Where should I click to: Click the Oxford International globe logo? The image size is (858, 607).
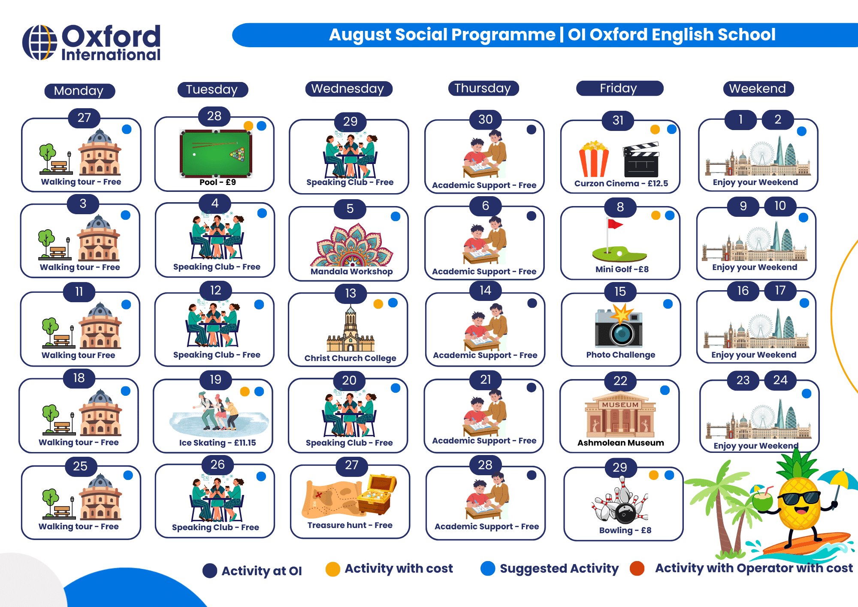39,42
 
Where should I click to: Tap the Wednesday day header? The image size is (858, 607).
348,89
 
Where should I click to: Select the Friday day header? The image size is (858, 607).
619,88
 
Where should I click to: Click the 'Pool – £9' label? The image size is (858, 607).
218,182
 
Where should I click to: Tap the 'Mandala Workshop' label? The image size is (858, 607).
351,271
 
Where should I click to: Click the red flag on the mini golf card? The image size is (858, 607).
615,223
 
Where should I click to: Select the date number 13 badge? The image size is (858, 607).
350,293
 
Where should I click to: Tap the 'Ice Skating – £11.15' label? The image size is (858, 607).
218,443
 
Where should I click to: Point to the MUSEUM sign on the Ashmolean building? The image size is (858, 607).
620,405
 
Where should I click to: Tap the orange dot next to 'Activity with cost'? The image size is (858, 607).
332,569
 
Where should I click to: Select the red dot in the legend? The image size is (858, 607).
637,568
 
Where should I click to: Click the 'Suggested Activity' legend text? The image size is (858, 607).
559,569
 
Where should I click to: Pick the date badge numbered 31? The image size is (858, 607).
618,120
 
